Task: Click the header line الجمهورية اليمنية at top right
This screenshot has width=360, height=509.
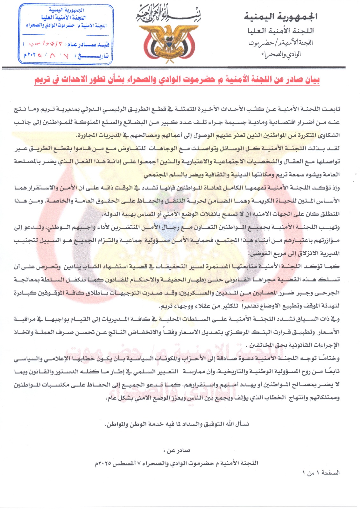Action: [x=280, y=16]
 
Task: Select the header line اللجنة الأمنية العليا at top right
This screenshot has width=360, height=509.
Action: [x=280, y=31]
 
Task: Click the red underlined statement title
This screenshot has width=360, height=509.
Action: [x=177, y=80]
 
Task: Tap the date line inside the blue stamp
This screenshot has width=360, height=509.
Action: [x=66, y=56]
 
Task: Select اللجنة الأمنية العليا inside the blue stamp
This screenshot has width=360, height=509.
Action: [x=64, y=17]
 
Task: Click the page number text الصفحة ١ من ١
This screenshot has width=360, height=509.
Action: [x=321, y=473]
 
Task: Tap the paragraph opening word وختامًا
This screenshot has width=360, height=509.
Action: [x=329, y=359]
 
